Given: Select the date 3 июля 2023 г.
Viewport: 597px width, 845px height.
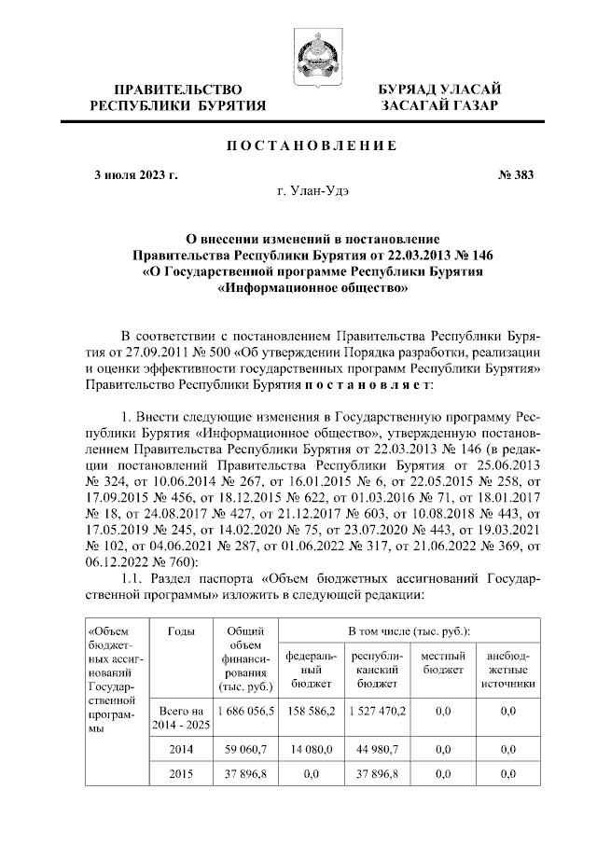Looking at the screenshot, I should coord(136,174).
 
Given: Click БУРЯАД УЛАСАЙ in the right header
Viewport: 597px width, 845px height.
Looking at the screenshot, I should coord(438,89).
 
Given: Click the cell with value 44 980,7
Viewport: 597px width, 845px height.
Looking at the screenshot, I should coord(377,748).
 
